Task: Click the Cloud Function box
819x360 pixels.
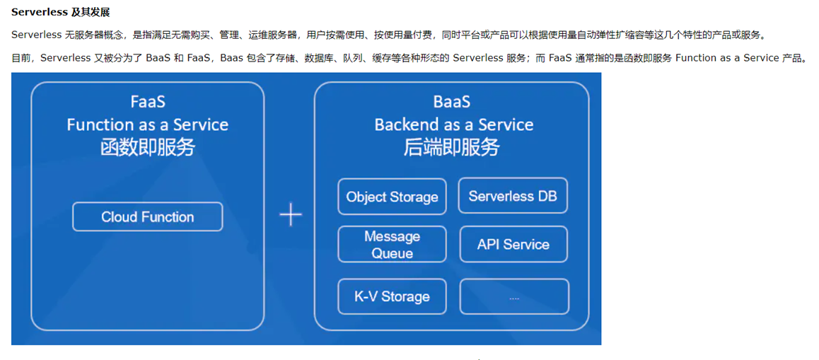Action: point(147,217)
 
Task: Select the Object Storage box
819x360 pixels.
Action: point(392,197)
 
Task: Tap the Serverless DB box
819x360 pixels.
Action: point(513,195)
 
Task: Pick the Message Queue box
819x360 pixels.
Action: point(392,244)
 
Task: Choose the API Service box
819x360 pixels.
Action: point(513,244)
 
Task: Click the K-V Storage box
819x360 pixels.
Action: point(392,296)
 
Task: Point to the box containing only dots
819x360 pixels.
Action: point(514,296)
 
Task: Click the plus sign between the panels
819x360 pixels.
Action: point(291,215)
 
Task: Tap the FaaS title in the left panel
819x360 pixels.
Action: point(148,101)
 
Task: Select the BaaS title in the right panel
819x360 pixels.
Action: point(452,101)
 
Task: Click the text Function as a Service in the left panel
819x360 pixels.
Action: point(147,124)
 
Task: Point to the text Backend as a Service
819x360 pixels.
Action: point(454,124)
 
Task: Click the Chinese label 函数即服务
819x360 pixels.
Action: point(148,147)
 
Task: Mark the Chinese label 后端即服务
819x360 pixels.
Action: point(452,147)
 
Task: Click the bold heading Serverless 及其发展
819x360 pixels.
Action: point(61,11)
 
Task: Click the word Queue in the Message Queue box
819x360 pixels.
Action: point(392,253)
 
